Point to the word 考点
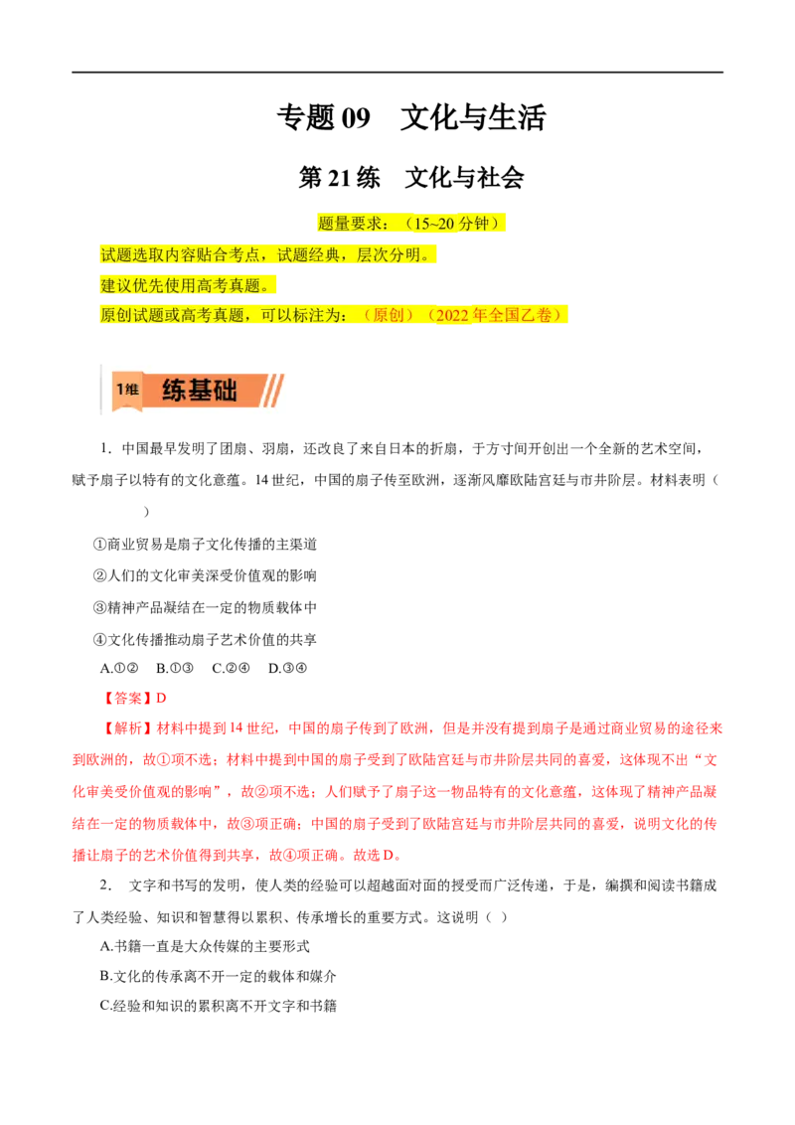pyautogui.click(x=245, y=254)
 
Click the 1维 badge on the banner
pyautogui.click(x=126, y=390)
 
